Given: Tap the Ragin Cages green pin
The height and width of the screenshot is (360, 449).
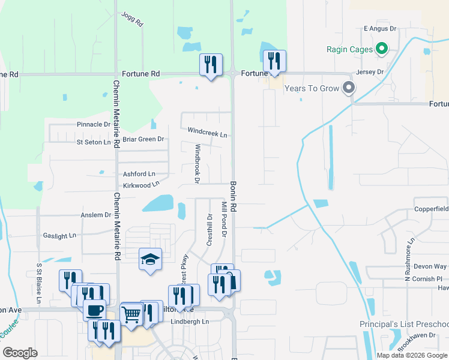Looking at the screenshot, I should pos(382,49).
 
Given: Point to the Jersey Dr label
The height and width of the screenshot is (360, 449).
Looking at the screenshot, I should pos(370,72).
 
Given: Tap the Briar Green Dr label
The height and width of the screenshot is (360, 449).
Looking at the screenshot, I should pos(143,139).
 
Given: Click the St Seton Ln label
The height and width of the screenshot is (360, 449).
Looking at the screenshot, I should pos(94,142).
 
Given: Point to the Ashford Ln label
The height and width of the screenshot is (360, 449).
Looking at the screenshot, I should pos(139,174).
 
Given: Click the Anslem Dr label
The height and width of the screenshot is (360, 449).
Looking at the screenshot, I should pos(96,214).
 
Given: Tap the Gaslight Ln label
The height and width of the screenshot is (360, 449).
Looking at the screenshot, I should pos(60,236).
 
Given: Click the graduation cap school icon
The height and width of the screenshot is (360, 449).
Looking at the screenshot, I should pos(150,260).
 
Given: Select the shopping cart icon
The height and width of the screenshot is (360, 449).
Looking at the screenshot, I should pos(131,313).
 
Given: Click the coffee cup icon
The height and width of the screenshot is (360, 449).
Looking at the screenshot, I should pos(94,311).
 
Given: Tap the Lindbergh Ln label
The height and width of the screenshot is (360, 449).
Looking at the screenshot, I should pos(189,322).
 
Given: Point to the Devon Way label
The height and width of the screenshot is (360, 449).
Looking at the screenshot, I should pos(430,266).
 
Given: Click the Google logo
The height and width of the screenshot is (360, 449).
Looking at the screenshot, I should pos(20,353).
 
